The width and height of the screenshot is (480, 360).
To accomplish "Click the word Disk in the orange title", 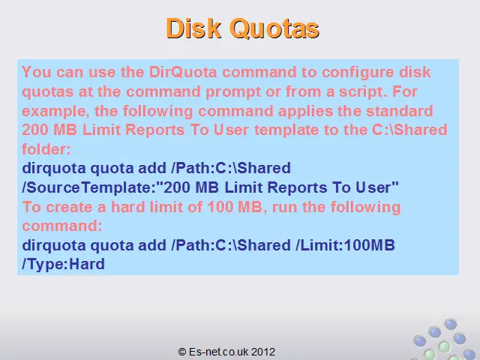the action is pos(193,28).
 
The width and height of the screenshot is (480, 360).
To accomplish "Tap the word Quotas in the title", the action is pos(274,28).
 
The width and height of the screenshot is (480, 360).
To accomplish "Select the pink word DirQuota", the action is pos(183,72).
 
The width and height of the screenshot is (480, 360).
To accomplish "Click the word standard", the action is pos(400,111).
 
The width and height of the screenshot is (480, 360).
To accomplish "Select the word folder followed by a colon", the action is pos(46,149).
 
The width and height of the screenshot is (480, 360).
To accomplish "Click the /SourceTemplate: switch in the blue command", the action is pos(89,187).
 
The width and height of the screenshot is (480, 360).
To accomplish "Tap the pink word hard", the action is pos(128,207).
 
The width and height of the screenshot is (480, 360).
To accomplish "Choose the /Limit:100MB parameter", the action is pos(345,245).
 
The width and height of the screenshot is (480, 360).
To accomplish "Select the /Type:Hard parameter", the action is pos(63,264).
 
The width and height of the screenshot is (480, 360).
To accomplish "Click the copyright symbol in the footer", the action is pos(181,352).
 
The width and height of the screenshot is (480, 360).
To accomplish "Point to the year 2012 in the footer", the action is pos(263,352).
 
